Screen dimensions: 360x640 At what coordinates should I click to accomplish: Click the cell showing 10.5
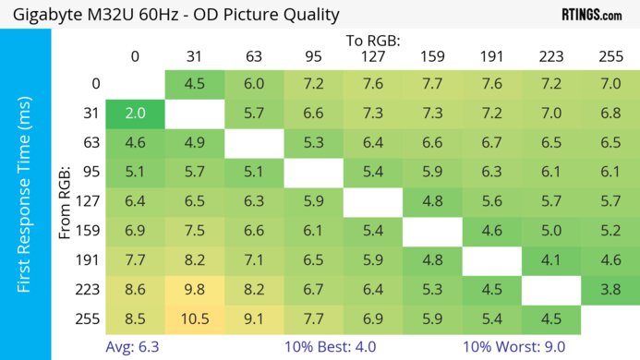(x=194, y=320)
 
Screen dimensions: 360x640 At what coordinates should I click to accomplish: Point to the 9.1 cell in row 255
(x=254, y=320)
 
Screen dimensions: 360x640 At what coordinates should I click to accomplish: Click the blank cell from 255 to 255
(x=610, y=320)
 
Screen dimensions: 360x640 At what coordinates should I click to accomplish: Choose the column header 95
(x=313, y=57)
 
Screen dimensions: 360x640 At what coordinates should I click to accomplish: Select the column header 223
(x=550, y=57)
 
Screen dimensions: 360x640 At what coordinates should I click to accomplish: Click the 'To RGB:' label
(x=372, y=41)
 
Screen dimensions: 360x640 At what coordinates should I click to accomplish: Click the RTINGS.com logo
(x=591, y=14)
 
